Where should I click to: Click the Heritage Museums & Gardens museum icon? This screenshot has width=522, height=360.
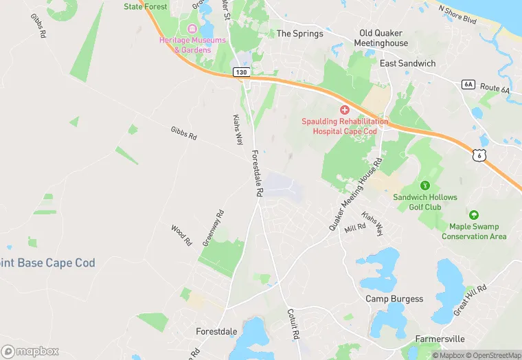[x=192, y=29]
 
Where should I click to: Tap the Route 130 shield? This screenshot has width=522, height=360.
[x=240, y=72]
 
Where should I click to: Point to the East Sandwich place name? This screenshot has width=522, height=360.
[x=408, y=63]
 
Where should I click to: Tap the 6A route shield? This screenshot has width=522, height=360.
[x=469, y=85]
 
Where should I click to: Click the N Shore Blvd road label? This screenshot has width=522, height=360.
[x=457, y=10]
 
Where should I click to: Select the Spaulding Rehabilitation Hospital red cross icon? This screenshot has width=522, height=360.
[x=345, y=110]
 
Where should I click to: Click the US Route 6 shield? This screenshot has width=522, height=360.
[x=478, y=156]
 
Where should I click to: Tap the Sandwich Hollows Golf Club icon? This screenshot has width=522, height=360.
[x=425, y=185]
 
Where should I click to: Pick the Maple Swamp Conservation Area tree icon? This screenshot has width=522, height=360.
[x=474, y=215]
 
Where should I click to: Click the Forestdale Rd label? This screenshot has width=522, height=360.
[x=256, y=174]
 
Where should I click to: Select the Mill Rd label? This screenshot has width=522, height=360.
[x=356, y=227]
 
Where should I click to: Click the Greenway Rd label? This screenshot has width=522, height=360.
[x=213, y=229]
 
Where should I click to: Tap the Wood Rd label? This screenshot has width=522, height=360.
[x=181, y=235]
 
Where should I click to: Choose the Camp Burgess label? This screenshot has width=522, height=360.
[x=394, y=299]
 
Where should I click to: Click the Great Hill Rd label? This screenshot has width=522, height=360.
[x=470, y=300]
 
